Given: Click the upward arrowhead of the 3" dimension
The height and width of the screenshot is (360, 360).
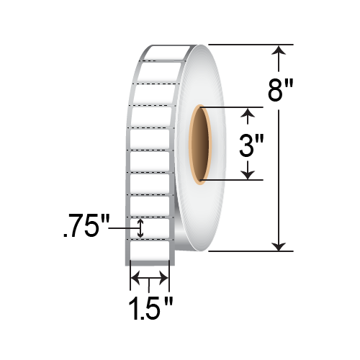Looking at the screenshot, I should tap(249, 112).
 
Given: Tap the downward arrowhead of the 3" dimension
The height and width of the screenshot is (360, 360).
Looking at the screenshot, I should tap(249, 174).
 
